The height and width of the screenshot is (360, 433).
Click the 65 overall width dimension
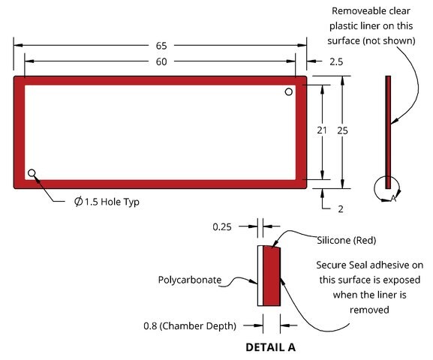tap(161, 46)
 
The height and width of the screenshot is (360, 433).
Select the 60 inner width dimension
tap(161, 61)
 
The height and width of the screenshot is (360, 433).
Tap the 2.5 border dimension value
tap(336, 61)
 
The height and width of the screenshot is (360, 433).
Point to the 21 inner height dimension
tap(322, 130)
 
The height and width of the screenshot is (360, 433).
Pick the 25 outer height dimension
tap(342, 130)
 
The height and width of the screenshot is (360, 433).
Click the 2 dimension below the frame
tap(341, 209)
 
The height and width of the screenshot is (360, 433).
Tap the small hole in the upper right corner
tap(289, 91)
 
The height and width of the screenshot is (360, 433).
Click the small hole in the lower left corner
tap(32, 173)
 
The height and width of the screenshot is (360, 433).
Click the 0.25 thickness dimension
tap(222, 227)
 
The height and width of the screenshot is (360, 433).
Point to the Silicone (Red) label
tap(346, 240)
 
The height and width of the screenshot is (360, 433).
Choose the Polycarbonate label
tap(190, 280)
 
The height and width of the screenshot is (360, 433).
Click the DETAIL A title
tap(271, 347)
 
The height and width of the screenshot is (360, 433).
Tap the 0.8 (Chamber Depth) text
tap(190, 326)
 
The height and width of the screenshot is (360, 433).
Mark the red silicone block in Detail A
tap(272, 276)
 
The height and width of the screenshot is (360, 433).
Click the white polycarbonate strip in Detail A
tap(260, 276)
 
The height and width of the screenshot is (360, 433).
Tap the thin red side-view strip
tap(388, 132)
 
